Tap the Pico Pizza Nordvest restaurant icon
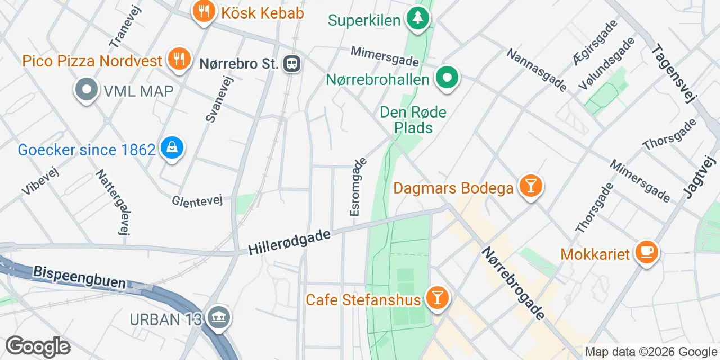click(179, 60)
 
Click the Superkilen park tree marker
click(417, 19)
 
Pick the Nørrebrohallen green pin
click(447, 78)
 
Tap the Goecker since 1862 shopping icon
click(172, 149)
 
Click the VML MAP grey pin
click(87, 90)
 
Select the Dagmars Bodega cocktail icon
click(530, 186)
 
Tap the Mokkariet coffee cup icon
click(646, 253)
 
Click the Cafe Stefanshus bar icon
click(436, 298)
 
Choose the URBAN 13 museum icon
click(218, 318)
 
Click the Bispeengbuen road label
click(79, 277)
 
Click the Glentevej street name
click(197, 200)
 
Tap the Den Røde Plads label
click(413, 120)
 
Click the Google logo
click(38, 346)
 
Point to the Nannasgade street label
click(536, 70)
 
